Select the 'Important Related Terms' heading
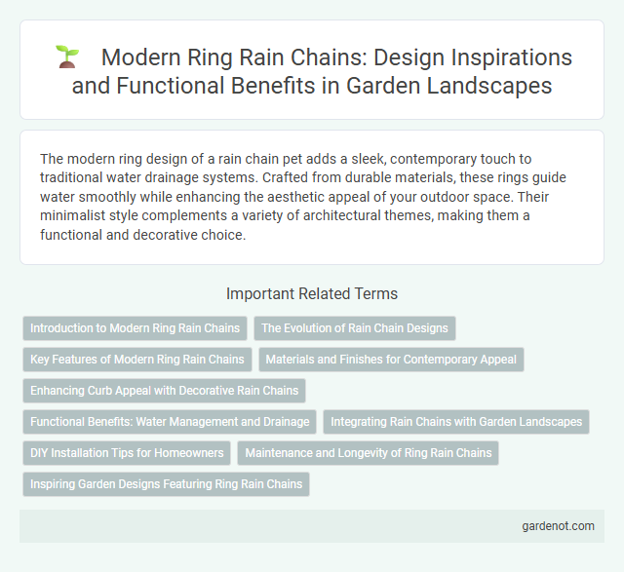311,293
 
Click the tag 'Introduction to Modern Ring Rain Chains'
135,328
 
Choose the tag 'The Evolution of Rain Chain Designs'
355,328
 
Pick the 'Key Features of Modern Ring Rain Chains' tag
137,360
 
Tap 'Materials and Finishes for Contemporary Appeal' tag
391,360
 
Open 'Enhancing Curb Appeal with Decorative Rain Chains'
164,391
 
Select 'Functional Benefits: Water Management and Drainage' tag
170,422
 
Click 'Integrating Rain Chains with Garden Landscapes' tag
455,422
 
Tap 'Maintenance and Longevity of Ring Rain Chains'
370,453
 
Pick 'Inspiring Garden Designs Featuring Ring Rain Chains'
166,484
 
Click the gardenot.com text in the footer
558,526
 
